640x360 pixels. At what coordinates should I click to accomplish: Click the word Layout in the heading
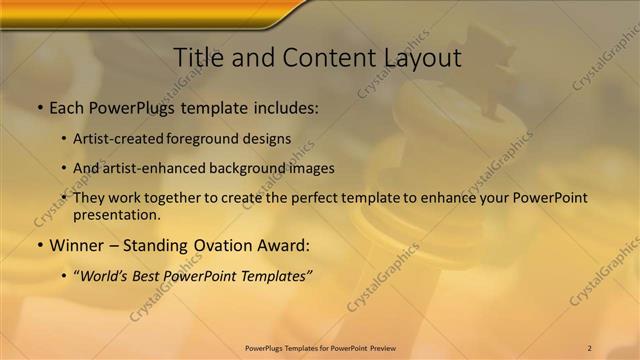421,57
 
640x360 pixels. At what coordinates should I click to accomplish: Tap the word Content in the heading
326,57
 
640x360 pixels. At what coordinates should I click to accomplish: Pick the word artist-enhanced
152,169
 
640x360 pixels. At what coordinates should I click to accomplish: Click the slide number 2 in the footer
589,347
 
